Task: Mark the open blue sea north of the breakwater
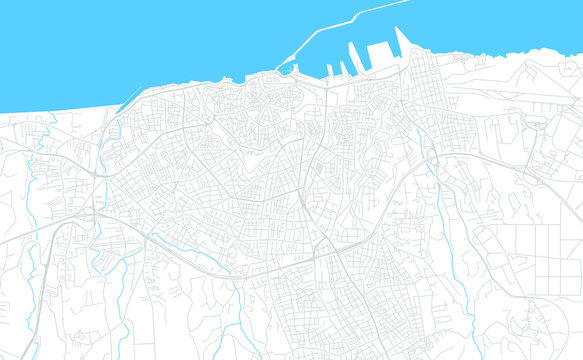pyautogui.click(x=200, y=30)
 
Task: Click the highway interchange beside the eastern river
pyautogui.click(x=432, y=160)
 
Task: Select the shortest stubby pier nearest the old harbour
pyautogui.click(x=329, y=70)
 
